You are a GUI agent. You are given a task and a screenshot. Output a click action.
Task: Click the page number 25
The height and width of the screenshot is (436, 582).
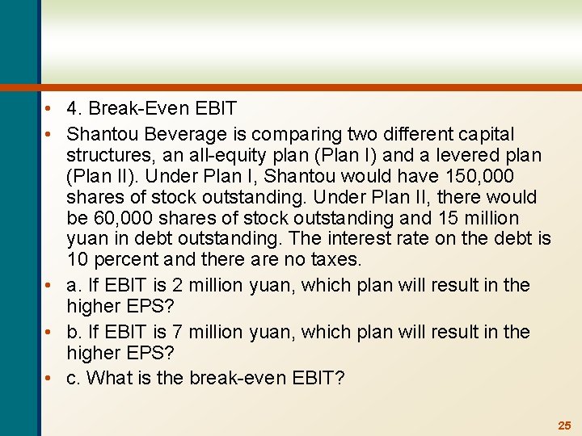pos(564,425)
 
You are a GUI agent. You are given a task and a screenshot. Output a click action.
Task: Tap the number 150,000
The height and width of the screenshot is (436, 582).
pos(484,176)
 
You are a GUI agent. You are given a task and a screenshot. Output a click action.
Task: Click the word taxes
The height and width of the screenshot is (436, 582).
pos(333,260)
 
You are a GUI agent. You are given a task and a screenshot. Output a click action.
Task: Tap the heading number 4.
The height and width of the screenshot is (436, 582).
pos(73,108)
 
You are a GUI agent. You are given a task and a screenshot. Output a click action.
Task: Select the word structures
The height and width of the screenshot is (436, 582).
pos(106,155)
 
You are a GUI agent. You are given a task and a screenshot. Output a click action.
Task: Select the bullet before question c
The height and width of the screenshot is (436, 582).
pos(51,378)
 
